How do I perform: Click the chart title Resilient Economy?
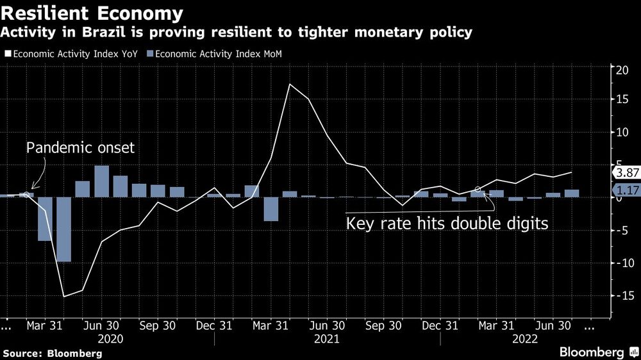pyautogui.click(x=94, y=13)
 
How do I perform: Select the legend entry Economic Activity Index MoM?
pyautogui.click(x=214, y=54)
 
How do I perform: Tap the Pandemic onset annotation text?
pyautogui.click(x=80, y=148)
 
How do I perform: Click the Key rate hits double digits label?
pyautogui.click(x=447, y=224)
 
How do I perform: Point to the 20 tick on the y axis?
pyautogui.click(x=621, y=70)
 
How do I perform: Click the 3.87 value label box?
pyautogui.click(x=625, y=173)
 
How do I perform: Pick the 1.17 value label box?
pyautogui.click(x=625, y=190)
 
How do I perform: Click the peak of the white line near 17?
pyautogui.click(x=290, y=84)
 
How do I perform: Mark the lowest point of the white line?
pyautogui.click(x=63, y=296)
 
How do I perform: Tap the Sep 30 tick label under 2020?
pyautogui.click(x=158, y=325)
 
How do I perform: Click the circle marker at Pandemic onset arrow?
pyautogui.click(x=26, y=194)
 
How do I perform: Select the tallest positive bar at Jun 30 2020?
pyautogui.click(x=101, y=181)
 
